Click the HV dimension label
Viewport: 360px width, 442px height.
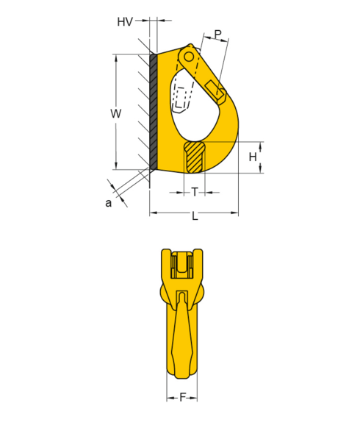click(x=125, y=22)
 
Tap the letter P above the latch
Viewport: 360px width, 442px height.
click(x=217, y=34)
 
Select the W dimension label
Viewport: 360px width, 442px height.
click(x=116, y=113)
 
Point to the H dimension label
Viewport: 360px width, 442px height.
click(x=253, y=157)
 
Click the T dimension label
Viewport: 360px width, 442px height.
click(x=195, y=192)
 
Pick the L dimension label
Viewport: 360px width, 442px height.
click(x=195, y=216)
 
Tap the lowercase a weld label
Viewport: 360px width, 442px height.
click(x=109, y=203)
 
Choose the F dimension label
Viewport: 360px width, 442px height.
click(x=183, y=398)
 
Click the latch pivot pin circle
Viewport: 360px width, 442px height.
click(x=190, y=57)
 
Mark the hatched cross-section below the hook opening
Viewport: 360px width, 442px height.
click(x=195, y=157)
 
